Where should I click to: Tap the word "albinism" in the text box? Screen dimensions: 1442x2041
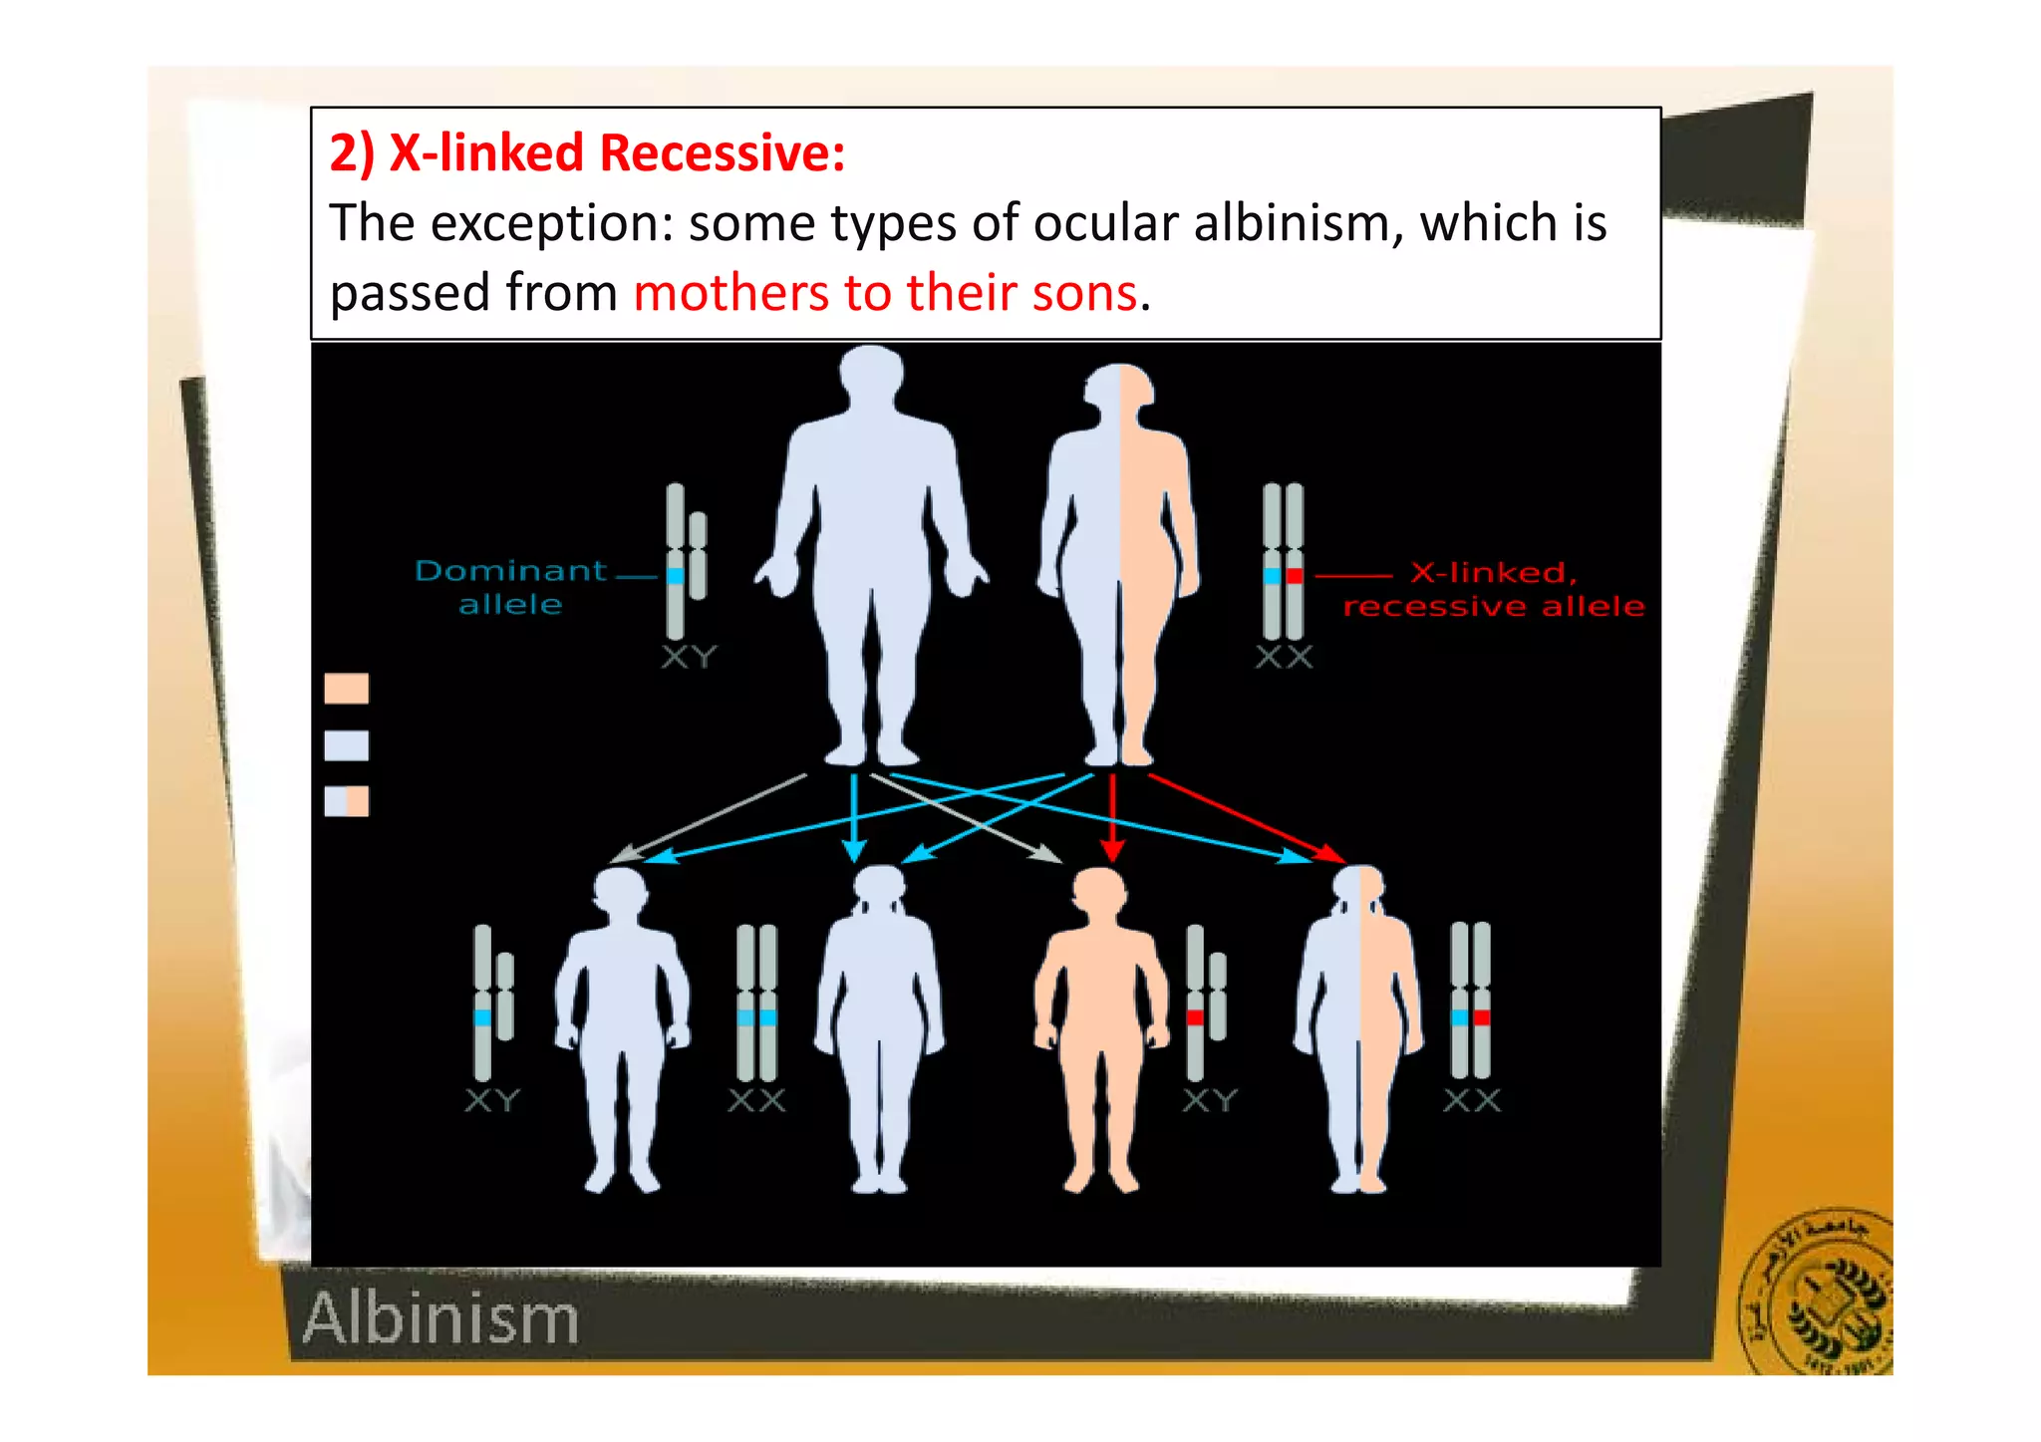1299,223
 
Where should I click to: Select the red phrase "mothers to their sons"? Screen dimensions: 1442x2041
885,293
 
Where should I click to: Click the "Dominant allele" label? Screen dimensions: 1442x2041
510,587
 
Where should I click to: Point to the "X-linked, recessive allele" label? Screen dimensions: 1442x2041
1493,589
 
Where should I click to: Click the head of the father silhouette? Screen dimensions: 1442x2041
871,374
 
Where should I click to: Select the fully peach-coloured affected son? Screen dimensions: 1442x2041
1100,1026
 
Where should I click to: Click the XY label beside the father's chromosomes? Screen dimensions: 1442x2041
689,658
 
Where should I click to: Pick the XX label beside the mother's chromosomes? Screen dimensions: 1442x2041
1284,658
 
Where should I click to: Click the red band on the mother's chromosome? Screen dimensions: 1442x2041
1295,576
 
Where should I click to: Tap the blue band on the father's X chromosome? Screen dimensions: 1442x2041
676,576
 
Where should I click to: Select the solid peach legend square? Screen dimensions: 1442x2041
347,689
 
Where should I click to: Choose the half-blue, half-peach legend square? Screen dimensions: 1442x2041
347,801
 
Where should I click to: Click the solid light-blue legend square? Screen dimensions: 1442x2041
347,745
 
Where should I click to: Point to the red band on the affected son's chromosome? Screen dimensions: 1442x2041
1195,1017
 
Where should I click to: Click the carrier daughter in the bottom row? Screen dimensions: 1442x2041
1359,1026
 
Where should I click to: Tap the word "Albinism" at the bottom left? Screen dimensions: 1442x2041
440,1318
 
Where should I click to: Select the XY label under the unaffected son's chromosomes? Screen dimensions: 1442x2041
492,1101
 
